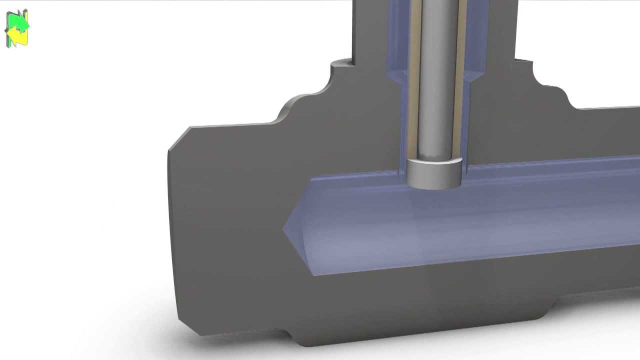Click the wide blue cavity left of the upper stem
point(397,35)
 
